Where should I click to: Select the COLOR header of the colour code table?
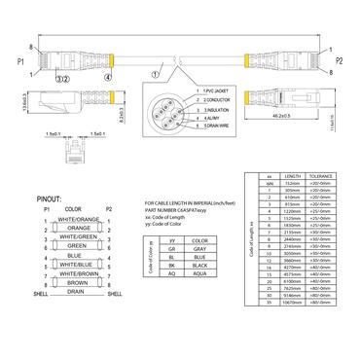click(x=200, y=240)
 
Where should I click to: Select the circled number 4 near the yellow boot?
click(x=109, y=76)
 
